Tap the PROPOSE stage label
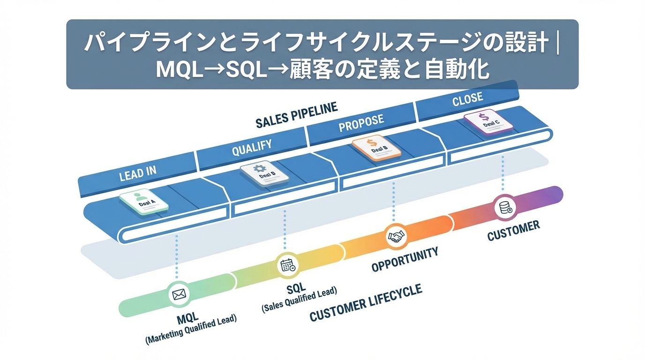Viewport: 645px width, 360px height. pyautogui.click(x=361, y=123)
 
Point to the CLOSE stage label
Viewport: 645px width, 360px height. pyautogui.click(x=467, y=99)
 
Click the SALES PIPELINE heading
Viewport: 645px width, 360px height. pyautogui.click(x=296, y=115)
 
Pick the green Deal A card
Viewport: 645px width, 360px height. pyautogui.click(x=144, y=202)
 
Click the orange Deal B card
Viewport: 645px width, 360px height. pyautogui.click(x=376, y=146)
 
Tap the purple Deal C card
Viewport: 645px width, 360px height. pyautogui.click(x=488, y=121)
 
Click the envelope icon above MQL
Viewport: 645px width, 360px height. pyautogui.click(x=179, y=294)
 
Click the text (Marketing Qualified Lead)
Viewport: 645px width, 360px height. pyautogui.click(x=191, y=331)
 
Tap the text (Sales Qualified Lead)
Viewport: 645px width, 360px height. pyautogui.click(x=299, y=300)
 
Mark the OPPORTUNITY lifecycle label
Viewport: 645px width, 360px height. pyautogui.click(x=405, y=259)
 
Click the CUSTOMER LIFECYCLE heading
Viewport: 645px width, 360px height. pyautogui.click(x=366, y=303)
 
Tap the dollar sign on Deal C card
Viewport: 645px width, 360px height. pyautogui.click(x=485, y=116)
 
